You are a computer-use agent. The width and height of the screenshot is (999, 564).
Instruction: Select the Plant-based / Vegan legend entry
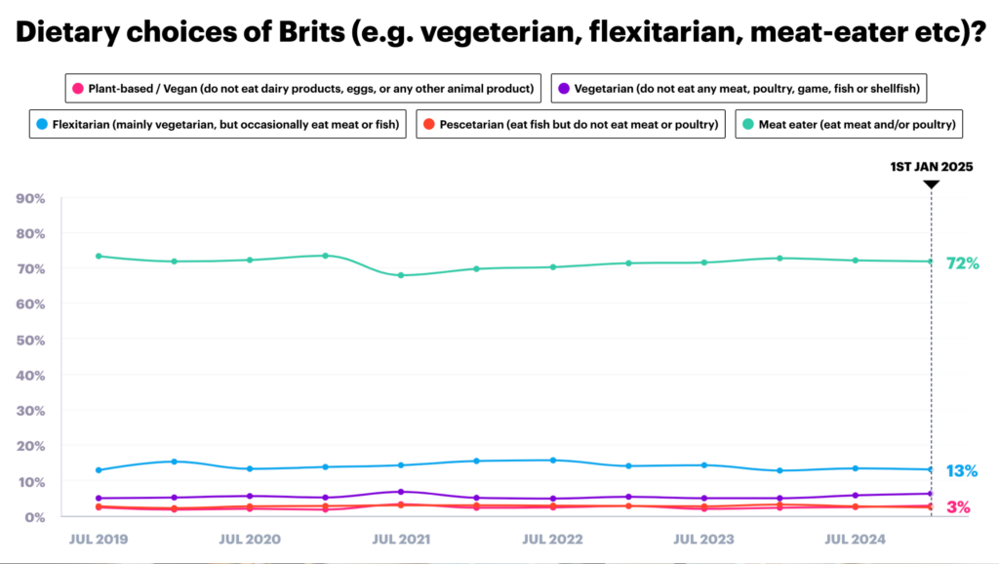point(302,89)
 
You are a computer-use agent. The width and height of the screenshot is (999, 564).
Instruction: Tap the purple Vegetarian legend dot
point(564,89)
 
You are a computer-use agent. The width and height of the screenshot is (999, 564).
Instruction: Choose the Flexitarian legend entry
point(217,125)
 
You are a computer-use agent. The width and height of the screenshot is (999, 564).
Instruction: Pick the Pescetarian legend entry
point(569,125)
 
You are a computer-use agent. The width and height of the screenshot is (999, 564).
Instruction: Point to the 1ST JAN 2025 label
point(931,167)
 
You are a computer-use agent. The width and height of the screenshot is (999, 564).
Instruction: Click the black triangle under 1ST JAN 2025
point(931,183)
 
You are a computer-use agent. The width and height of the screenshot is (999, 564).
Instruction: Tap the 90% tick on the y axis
point(32,198)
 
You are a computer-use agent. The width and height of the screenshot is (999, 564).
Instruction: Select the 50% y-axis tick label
point(32,340)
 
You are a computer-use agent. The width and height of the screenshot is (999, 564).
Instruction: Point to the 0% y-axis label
point(35,516)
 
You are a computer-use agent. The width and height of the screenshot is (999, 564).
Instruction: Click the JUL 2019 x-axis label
point(99,538)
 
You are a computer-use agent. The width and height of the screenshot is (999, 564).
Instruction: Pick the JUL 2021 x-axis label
point(401,538)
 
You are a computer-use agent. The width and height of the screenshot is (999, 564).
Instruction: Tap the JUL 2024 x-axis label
point(856,538)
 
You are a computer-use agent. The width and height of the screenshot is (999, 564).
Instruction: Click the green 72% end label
point(962,262)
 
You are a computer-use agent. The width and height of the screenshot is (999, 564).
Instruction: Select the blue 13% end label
point(962,471)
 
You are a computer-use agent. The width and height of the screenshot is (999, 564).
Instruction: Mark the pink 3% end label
point(958,507)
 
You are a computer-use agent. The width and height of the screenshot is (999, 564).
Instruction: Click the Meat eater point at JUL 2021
point(401,275)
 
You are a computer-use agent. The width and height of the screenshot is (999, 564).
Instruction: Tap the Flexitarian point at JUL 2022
point(553,460)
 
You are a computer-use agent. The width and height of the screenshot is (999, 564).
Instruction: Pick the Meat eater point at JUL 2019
point(99,256)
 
